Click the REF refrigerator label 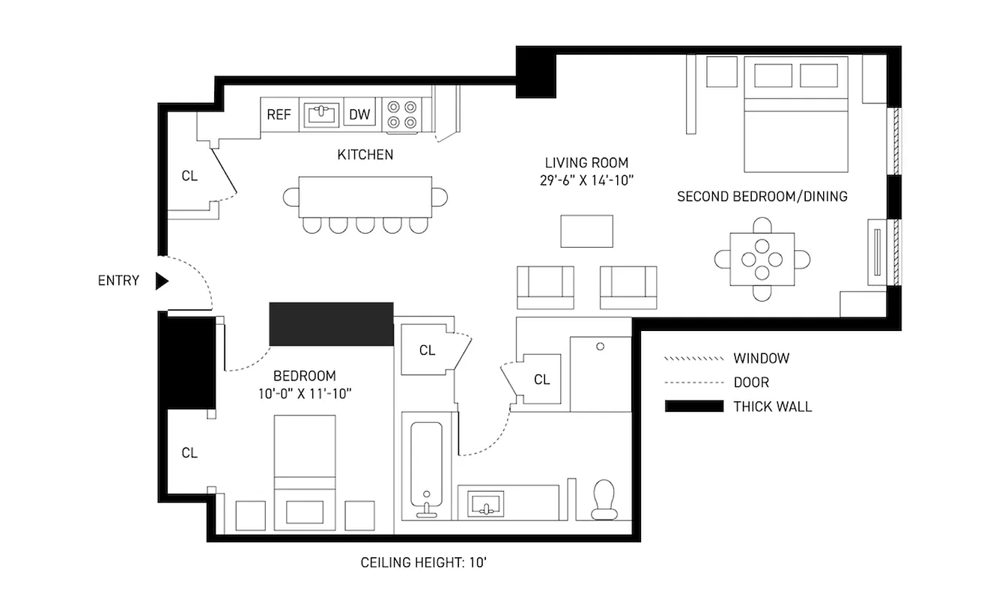pos(279,115)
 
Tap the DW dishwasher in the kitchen pos(360,115)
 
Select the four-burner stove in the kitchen pos(400,115)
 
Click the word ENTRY pos(118,281)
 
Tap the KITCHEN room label pos(365,155)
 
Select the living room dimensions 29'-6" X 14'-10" pos(586,180)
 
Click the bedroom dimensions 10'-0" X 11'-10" pos(304,392)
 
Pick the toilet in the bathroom pos(603,499)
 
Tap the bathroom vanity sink pos(486,504)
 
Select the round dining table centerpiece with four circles pos(762,259)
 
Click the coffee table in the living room pos(587,231)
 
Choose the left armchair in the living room pos(546,287)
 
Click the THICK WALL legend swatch pos(694,407)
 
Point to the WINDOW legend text pos(761,359)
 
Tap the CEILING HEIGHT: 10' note pos(424,562)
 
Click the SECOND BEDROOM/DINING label pos(762,196)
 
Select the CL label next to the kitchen pos(189,176)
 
